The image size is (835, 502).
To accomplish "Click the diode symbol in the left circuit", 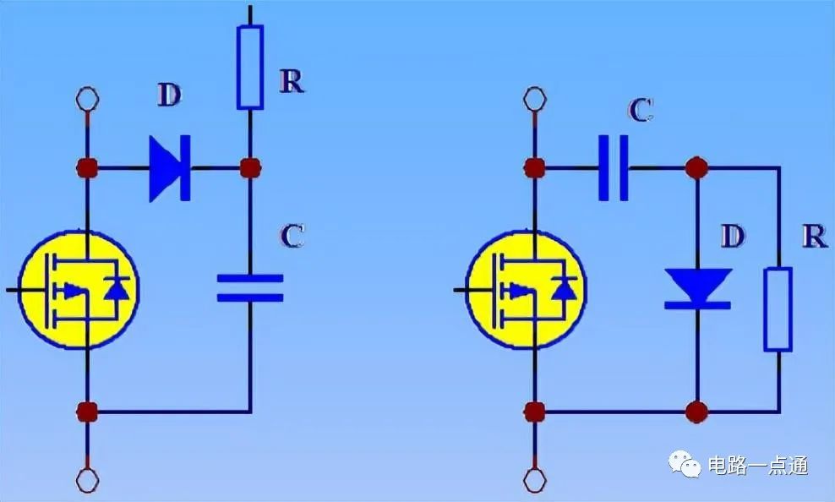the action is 170,168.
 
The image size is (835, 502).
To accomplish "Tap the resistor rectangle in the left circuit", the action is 250,68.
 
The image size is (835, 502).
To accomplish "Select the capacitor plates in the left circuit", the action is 250,288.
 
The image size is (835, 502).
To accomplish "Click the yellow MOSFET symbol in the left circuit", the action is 79,290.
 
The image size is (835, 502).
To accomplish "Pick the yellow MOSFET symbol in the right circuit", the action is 527,290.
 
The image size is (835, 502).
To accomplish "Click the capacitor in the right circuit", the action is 614,168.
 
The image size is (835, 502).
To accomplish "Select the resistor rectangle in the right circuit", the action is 778,309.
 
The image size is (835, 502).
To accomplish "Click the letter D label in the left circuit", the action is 169,95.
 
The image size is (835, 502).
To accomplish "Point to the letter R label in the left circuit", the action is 292,81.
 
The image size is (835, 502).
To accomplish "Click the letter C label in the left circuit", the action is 292,236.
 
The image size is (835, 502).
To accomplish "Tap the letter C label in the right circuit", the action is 641,110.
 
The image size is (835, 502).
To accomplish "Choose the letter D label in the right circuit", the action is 733,236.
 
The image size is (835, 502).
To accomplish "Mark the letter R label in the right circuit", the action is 814,236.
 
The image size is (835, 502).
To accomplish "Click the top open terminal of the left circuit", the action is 87,99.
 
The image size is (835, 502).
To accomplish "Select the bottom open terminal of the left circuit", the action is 87,480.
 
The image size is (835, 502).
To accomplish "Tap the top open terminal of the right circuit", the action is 535,99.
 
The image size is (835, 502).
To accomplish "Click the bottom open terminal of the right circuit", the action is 535,480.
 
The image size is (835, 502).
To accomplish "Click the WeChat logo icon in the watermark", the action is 685,464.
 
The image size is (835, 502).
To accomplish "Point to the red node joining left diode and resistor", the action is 250,168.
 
